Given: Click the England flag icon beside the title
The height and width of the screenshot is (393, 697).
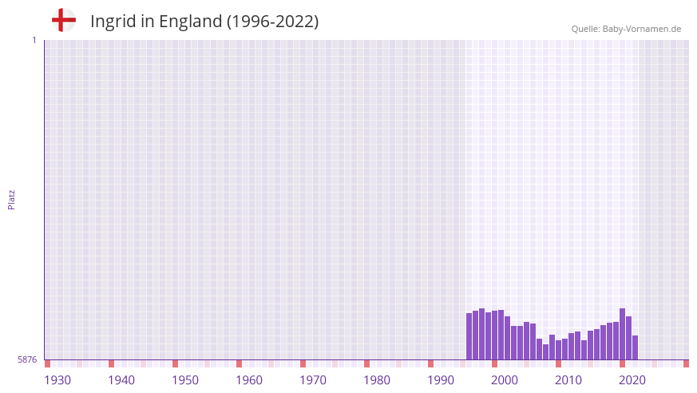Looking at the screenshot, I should [64, 20].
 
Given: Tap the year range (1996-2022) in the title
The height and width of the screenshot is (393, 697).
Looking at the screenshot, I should [272, 22].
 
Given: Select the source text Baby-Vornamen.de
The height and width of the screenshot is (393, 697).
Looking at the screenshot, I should [641, 29].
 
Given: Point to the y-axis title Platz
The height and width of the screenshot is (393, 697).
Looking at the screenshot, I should [11, 199].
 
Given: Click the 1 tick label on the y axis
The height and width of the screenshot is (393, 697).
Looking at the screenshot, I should [34, 40].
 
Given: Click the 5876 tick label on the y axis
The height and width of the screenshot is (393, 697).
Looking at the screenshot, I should [27, 360].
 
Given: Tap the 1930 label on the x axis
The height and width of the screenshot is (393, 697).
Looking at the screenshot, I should [57, 380].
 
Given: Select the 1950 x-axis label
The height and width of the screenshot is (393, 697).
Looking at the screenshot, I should [185, 380].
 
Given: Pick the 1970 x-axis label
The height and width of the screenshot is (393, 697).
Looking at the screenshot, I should [313, 380].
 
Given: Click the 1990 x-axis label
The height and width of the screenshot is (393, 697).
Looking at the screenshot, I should [441, 380].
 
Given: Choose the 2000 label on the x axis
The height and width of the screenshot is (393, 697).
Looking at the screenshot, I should [505, 380].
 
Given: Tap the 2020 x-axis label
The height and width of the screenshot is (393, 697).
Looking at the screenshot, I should [632, 380].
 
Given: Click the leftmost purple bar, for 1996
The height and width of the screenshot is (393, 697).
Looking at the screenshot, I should [469, 336].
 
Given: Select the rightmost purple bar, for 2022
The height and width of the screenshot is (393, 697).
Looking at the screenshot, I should [635, 347].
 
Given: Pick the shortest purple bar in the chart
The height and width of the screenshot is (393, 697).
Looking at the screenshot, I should [546, 351].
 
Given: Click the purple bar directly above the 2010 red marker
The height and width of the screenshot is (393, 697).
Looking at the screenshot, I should [558, 350].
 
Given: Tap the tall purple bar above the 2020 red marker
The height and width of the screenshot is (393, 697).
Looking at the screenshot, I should [622, 334].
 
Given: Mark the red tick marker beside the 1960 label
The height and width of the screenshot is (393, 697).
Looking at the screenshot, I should [239, 363].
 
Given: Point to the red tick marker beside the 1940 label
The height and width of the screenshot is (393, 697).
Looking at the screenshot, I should [111, 363].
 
